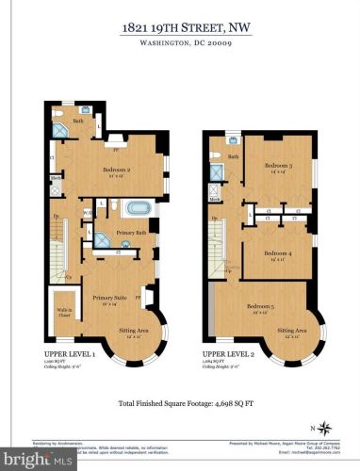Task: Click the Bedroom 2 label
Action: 116,170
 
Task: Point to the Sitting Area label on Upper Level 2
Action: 291,331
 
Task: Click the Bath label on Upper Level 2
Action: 233,156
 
